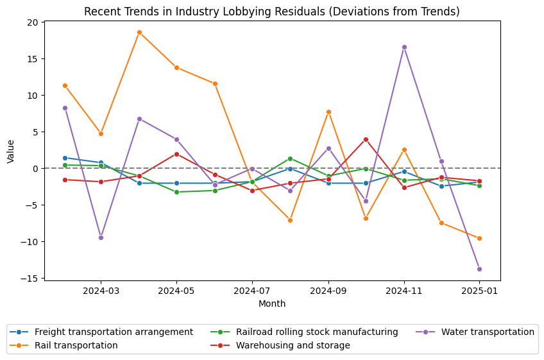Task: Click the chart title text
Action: pos(272,12)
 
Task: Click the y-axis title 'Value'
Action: pos(11,151)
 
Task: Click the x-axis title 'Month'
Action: pos(272,304)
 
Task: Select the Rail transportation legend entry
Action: pos(76,345)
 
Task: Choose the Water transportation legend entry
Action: pos(488,332)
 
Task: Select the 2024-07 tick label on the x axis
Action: pos(252,291)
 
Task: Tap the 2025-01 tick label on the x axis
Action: pos(479,291)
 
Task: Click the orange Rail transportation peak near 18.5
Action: pos(139,32)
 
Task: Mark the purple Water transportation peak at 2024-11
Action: pos(404,47)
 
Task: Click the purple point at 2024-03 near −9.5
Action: pos(101,237)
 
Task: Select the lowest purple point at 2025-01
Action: pos(479,269)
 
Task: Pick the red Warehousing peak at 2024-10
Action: pos(366,139)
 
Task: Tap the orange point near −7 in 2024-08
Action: pos(290,220)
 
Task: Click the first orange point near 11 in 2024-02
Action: pos(65,85)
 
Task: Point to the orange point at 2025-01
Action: pos(479,238)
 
